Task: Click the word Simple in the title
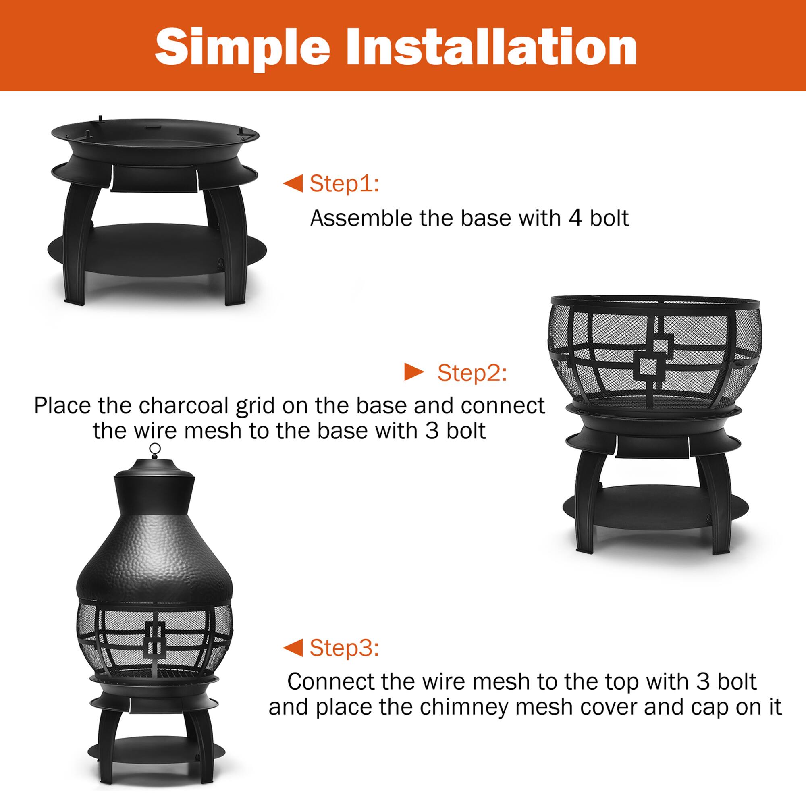(x=242, y=47)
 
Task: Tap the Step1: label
(x=344, y=183)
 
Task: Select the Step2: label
(x=472, y=372)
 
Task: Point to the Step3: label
(x=344, y=648)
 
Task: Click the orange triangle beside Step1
(x=294, y=183)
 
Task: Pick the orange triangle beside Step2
(x=413, y=372)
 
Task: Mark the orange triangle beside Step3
(x=294, y=648)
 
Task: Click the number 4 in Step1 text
(x=575, y=218)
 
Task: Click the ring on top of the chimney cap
(x=155, y=449)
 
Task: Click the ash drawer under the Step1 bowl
(x=154, y=178)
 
